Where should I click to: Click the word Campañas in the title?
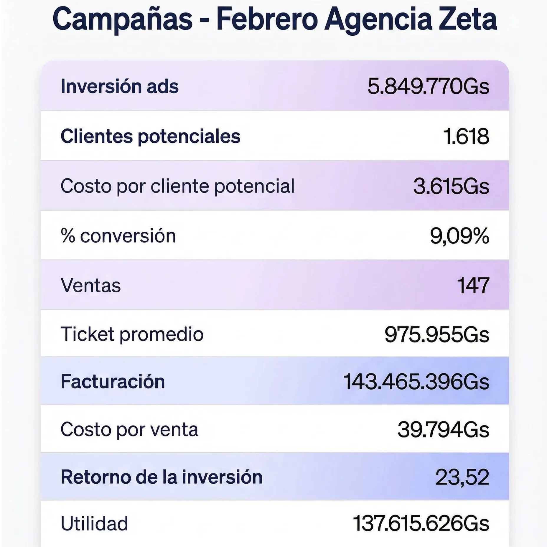[x=122, y=19]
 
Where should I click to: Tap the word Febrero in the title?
[x=267, y=19]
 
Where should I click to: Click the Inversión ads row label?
[x=119, y=86]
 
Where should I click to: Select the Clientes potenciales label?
[x=150, y=136]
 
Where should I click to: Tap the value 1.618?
[x=466, y=137]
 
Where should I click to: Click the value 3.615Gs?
[x=451, y=187]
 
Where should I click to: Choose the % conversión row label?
[x=118, y=236]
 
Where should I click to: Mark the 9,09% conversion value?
[x=459, y=236]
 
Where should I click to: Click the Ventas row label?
[x=90, y=286]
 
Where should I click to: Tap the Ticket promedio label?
[x=132, y=335]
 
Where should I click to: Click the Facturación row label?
[x=113, y=382]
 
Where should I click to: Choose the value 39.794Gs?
[x=443, y=430]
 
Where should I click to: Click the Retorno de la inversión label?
[x=161, y=477]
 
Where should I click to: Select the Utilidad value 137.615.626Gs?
[x=421, y=524]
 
